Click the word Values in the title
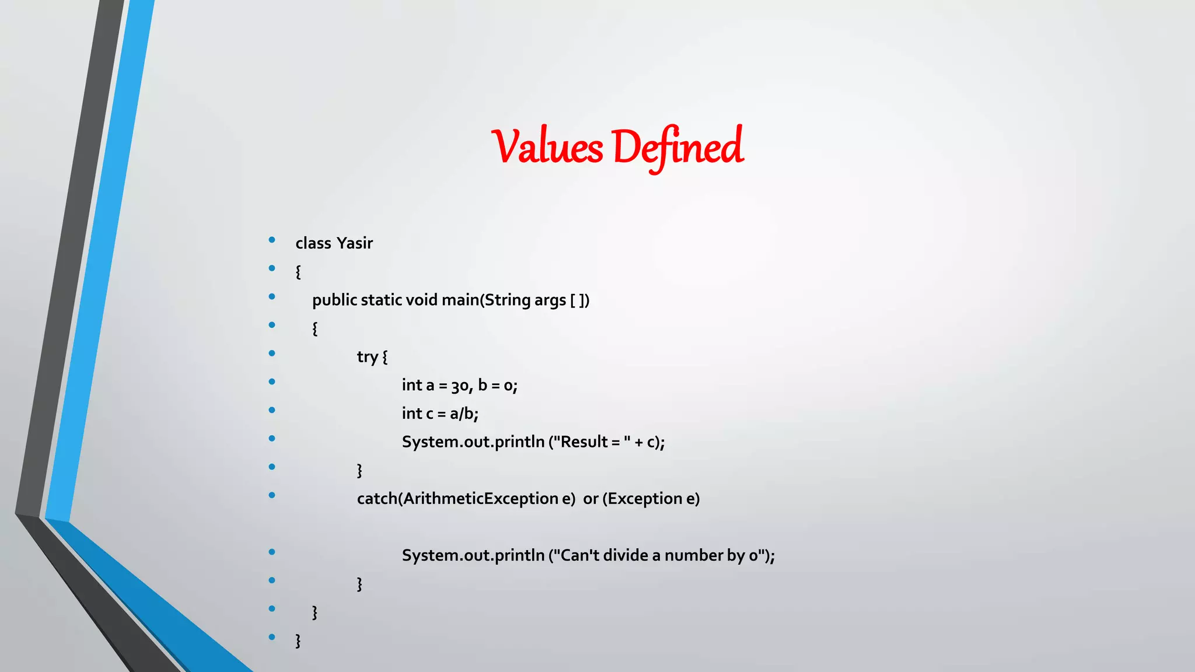click(547, 146)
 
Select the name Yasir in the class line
click(354, 243)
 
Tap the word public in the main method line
click(334, 300)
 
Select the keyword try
click(367, 356)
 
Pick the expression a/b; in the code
click(464, 414)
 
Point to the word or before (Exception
click(590, 499)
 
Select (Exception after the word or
click(642, 499)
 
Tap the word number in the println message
click(693, 555)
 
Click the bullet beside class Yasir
click(272, 240)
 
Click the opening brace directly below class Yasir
click(298, 272)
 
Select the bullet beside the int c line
click(272, 410)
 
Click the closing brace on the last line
click(298, 640)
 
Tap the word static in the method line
click(381, 300)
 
